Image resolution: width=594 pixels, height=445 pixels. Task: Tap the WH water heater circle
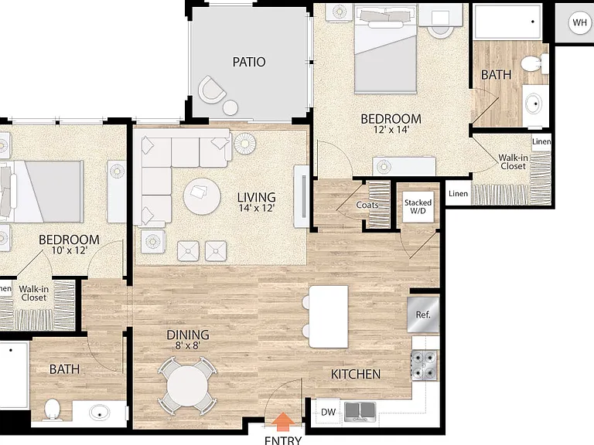coord(579,22)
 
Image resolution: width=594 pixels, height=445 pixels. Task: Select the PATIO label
coord(249,62)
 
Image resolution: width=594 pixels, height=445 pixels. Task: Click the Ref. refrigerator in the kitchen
coord(423,314)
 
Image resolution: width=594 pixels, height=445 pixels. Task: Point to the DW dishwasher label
coord(328,412)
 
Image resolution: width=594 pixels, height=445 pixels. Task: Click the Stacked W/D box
coord(418,206)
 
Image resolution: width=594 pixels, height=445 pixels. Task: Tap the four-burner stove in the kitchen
coord(424,365)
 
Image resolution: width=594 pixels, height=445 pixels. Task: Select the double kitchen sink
coord(360,412)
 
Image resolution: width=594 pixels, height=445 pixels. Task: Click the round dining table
coord(187,386)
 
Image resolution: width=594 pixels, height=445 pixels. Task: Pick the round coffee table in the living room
coord(202,196)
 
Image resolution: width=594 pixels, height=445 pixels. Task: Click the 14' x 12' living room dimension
coord(257,208)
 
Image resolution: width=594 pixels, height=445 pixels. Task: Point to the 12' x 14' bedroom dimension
coord(391,130)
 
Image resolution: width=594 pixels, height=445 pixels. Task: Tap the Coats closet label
coord(367,205)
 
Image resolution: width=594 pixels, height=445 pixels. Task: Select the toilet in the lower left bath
coord(53,409)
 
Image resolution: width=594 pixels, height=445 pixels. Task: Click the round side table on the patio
coord(230,108)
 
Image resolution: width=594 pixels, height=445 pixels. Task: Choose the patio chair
coord(211,90)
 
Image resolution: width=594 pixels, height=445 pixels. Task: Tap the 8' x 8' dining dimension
coord(187,345)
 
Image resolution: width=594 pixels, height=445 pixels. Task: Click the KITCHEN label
coord(356,374)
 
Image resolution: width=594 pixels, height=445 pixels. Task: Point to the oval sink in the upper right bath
coord(535,103)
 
